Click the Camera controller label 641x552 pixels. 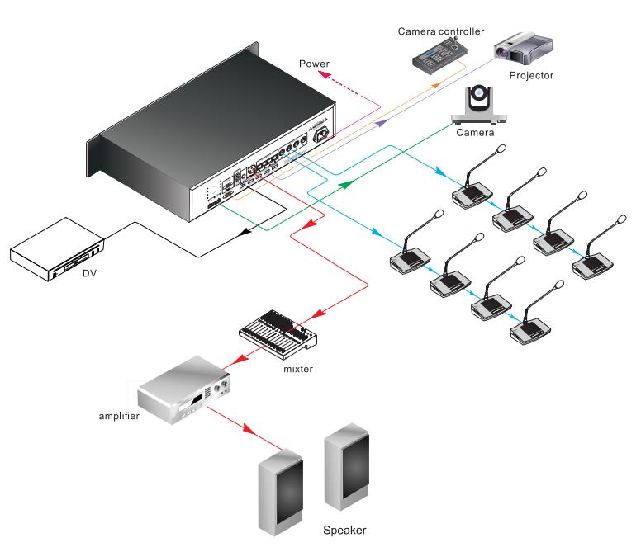[x=439, y=31]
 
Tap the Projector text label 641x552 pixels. [x=531, y=76]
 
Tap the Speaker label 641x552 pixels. [x=343, y=531]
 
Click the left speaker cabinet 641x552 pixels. [x=280, y=492]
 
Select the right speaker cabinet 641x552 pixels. [x=346, y=466]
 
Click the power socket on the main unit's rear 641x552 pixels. [x=325, y=133]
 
